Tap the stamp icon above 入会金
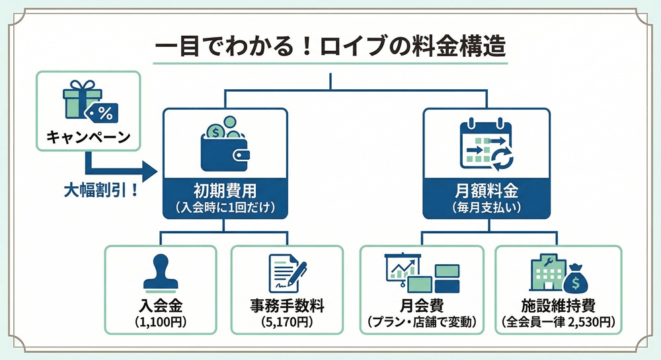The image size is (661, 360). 161,273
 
